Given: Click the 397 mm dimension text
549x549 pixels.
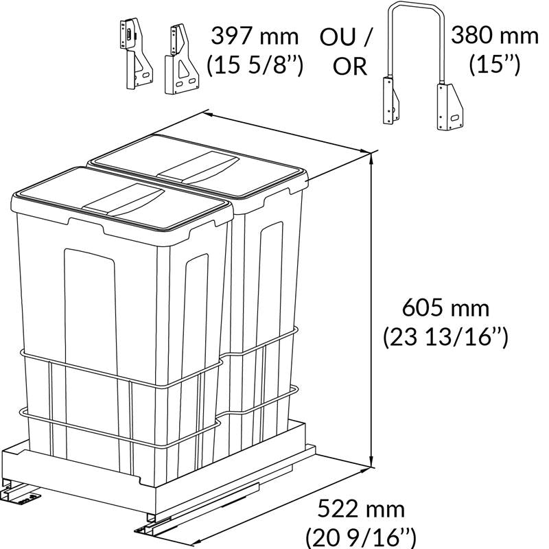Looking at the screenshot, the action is tap(255, 36).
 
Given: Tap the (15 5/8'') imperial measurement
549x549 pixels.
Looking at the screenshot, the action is tap(255, 65).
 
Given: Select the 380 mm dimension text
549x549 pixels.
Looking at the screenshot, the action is tap(494, 35).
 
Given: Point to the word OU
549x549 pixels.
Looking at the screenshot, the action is tap(338, 37).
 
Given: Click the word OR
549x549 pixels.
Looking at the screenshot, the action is tap(349, 66).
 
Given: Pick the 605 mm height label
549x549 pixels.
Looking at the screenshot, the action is tap(445, 308).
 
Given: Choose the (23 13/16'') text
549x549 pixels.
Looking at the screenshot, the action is tap(445, 337).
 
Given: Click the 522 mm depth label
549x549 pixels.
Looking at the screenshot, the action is tap(361, 509).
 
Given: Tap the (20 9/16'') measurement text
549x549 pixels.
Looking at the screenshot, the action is tap(361, 538).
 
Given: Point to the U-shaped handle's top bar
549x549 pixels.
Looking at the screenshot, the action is tap(416, 4).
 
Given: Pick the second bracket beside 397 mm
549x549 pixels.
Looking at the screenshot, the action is tap(181, 60).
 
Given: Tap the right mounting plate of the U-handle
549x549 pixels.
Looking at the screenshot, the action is tap(449, 107).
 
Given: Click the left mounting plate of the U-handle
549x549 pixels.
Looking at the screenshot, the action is tap(391, 100).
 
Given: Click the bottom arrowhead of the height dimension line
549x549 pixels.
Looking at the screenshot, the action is tap(372, 463).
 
